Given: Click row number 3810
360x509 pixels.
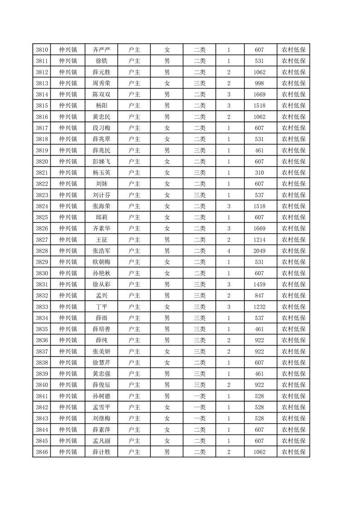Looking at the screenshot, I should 42,50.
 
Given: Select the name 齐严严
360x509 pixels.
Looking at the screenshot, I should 101,50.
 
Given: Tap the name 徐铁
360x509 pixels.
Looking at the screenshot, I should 101,61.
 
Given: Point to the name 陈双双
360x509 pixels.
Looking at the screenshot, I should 101,95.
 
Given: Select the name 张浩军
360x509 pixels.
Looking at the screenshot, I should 101,251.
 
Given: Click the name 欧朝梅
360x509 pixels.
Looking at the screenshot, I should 101,262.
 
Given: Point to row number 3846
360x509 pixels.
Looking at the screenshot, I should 42,452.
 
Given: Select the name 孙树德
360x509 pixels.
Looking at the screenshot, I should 101,396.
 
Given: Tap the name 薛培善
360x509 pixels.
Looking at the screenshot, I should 101,329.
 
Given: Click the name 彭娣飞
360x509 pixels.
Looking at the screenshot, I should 101,162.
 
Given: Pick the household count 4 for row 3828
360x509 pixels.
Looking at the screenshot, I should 229,251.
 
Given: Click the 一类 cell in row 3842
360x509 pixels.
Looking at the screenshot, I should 199,407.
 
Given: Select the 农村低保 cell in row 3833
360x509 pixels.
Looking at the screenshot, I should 293,307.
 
